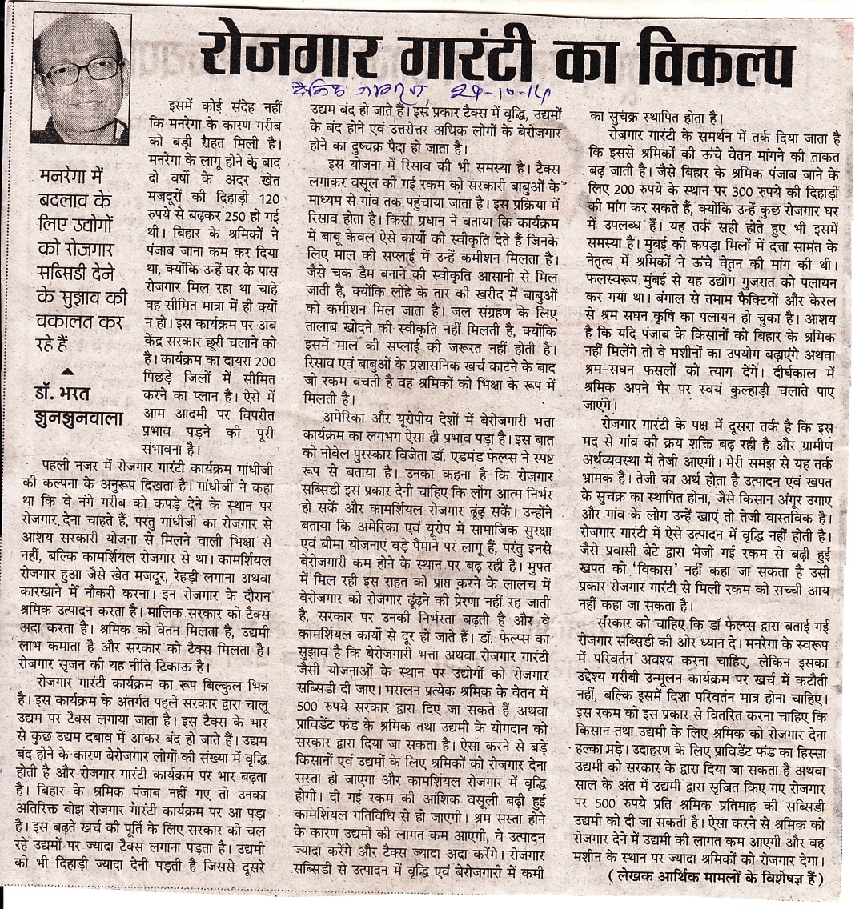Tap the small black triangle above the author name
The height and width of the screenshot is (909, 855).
point(66,370)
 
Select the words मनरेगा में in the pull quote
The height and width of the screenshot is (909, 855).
point(76,177)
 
